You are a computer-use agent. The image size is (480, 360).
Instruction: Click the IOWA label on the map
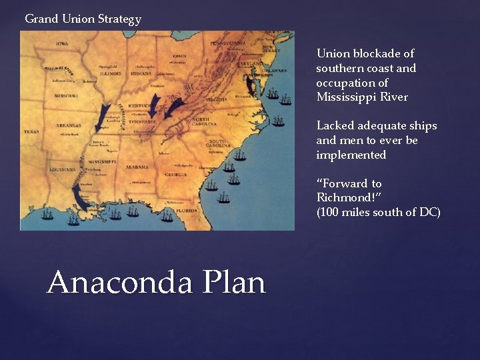(62, 43)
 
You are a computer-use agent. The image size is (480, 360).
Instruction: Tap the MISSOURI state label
(65, 95)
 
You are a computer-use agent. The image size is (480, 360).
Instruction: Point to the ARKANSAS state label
(68, 125)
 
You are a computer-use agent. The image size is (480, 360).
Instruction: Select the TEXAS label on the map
(31, 131)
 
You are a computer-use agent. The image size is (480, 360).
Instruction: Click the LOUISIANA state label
(63, 169)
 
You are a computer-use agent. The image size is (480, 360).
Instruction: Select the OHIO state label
(179, 57)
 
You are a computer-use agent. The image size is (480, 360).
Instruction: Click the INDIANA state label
(142, 74)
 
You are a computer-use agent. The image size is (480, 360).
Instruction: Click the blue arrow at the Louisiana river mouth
(77, 195)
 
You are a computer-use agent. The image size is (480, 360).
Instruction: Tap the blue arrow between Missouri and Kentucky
(104, 117)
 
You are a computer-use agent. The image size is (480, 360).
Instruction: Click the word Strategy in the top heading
(119, 19)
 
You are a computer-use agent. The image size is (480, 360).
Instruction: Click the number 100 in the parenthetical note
(332, 213)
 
